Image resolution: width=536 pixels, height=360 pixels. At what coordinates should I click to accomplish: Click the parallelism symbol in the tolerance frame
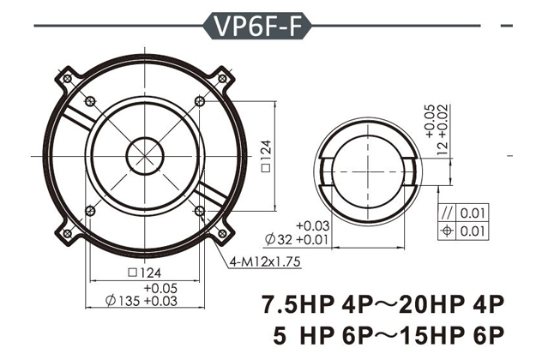click(447, 213)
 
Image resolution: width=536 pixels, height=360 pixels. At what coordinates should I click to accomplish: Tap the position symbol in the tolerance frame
click(447, 230)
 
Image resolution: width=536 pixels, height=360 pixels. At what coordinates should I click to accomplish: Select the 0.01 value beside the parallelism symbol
click(471, 213)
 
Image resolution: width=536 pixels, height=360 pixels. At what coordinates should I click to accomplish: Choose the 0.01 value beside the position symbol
click(471, 230)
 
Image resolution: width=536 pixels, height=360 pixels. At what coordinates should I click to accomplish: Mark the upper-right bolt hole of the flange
click(199, 102)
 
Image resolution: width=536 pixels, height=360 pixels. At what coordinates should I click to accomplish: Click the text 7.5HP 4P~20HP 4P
click(380, 304)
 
